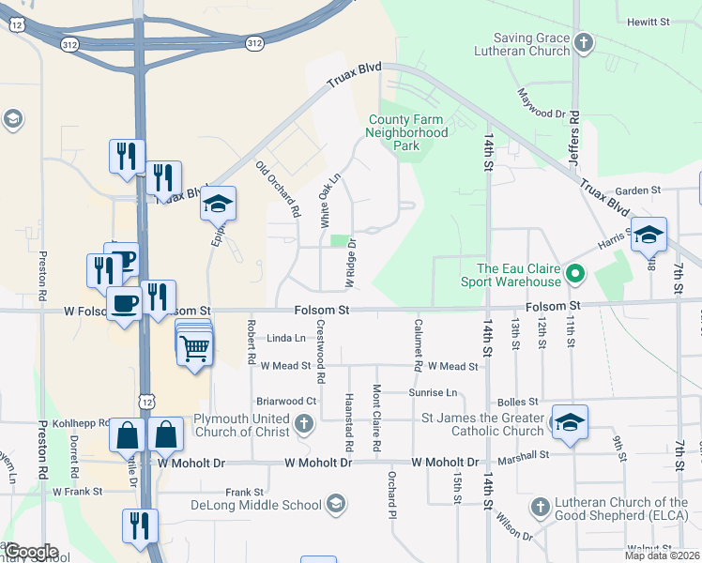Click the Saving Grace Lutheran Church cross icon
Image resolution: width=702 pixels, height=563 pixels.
[584, 42]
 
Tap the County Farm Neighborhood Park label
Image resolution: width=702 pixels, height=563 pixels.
[408, 132]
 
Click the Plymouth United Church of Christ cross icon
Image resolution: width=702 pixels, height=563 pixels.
[303, 425]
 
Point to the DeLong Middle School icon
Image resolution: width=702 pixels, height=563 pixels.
[335, 506]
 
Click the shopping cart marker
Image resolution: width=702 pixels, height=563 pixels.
[194, 348]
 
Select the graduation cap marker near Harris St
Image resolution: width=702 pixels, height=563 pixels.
[649, 235]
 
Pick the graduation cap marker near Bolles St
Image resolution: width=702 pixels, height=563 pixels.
[570, 422]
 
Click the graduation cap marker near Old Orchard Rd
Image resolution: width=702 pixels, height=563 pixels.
[218, 204]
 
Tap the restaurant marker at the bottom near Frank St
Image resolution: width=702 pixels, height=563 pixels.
[140, 526]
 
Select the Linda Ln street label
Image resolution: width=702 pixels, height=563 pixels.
[286, 338]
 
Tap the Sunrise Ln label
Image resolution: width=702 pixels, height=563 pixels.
[433, 392]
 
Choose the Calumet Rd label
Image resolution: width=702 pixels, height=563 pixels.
[418, 344]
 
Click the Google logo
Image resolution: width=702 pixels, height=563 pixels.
[30, 552]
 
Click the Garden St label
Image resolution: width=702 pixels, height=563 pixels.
[639, 190]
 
